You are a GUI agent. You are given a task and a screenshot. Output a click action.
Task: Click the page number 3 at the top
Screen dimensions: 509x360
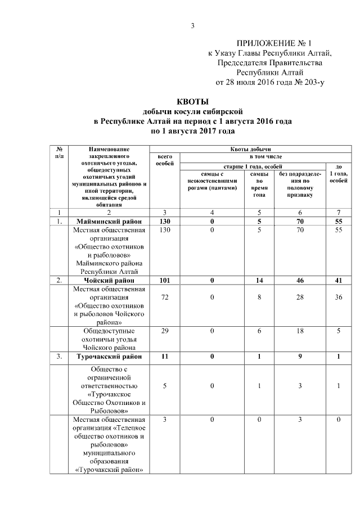coord(192,25)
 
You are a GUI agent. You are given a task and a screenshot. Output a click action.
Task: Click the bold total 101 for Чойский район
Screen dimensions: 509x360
coord(164,280)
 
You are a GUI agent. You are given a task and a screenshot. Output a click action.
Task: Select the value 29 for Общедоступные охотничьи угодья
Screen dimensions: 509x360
coord(164,331)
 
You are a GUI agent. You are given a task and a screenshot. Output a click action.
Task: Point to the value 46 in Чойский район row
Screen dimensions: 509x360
coord(299,280)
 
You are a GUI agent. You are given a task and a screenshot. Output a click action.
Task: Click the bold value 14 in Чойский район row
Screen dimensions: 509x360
coord(259,280)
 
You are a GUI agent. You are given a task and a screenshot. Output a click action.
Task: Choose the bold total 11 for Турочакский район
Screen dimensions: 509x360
coord(164,357)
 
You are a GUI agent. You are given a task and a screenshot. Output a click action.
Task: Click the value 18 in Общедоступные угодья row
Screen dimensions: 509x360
coord(299,331)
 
